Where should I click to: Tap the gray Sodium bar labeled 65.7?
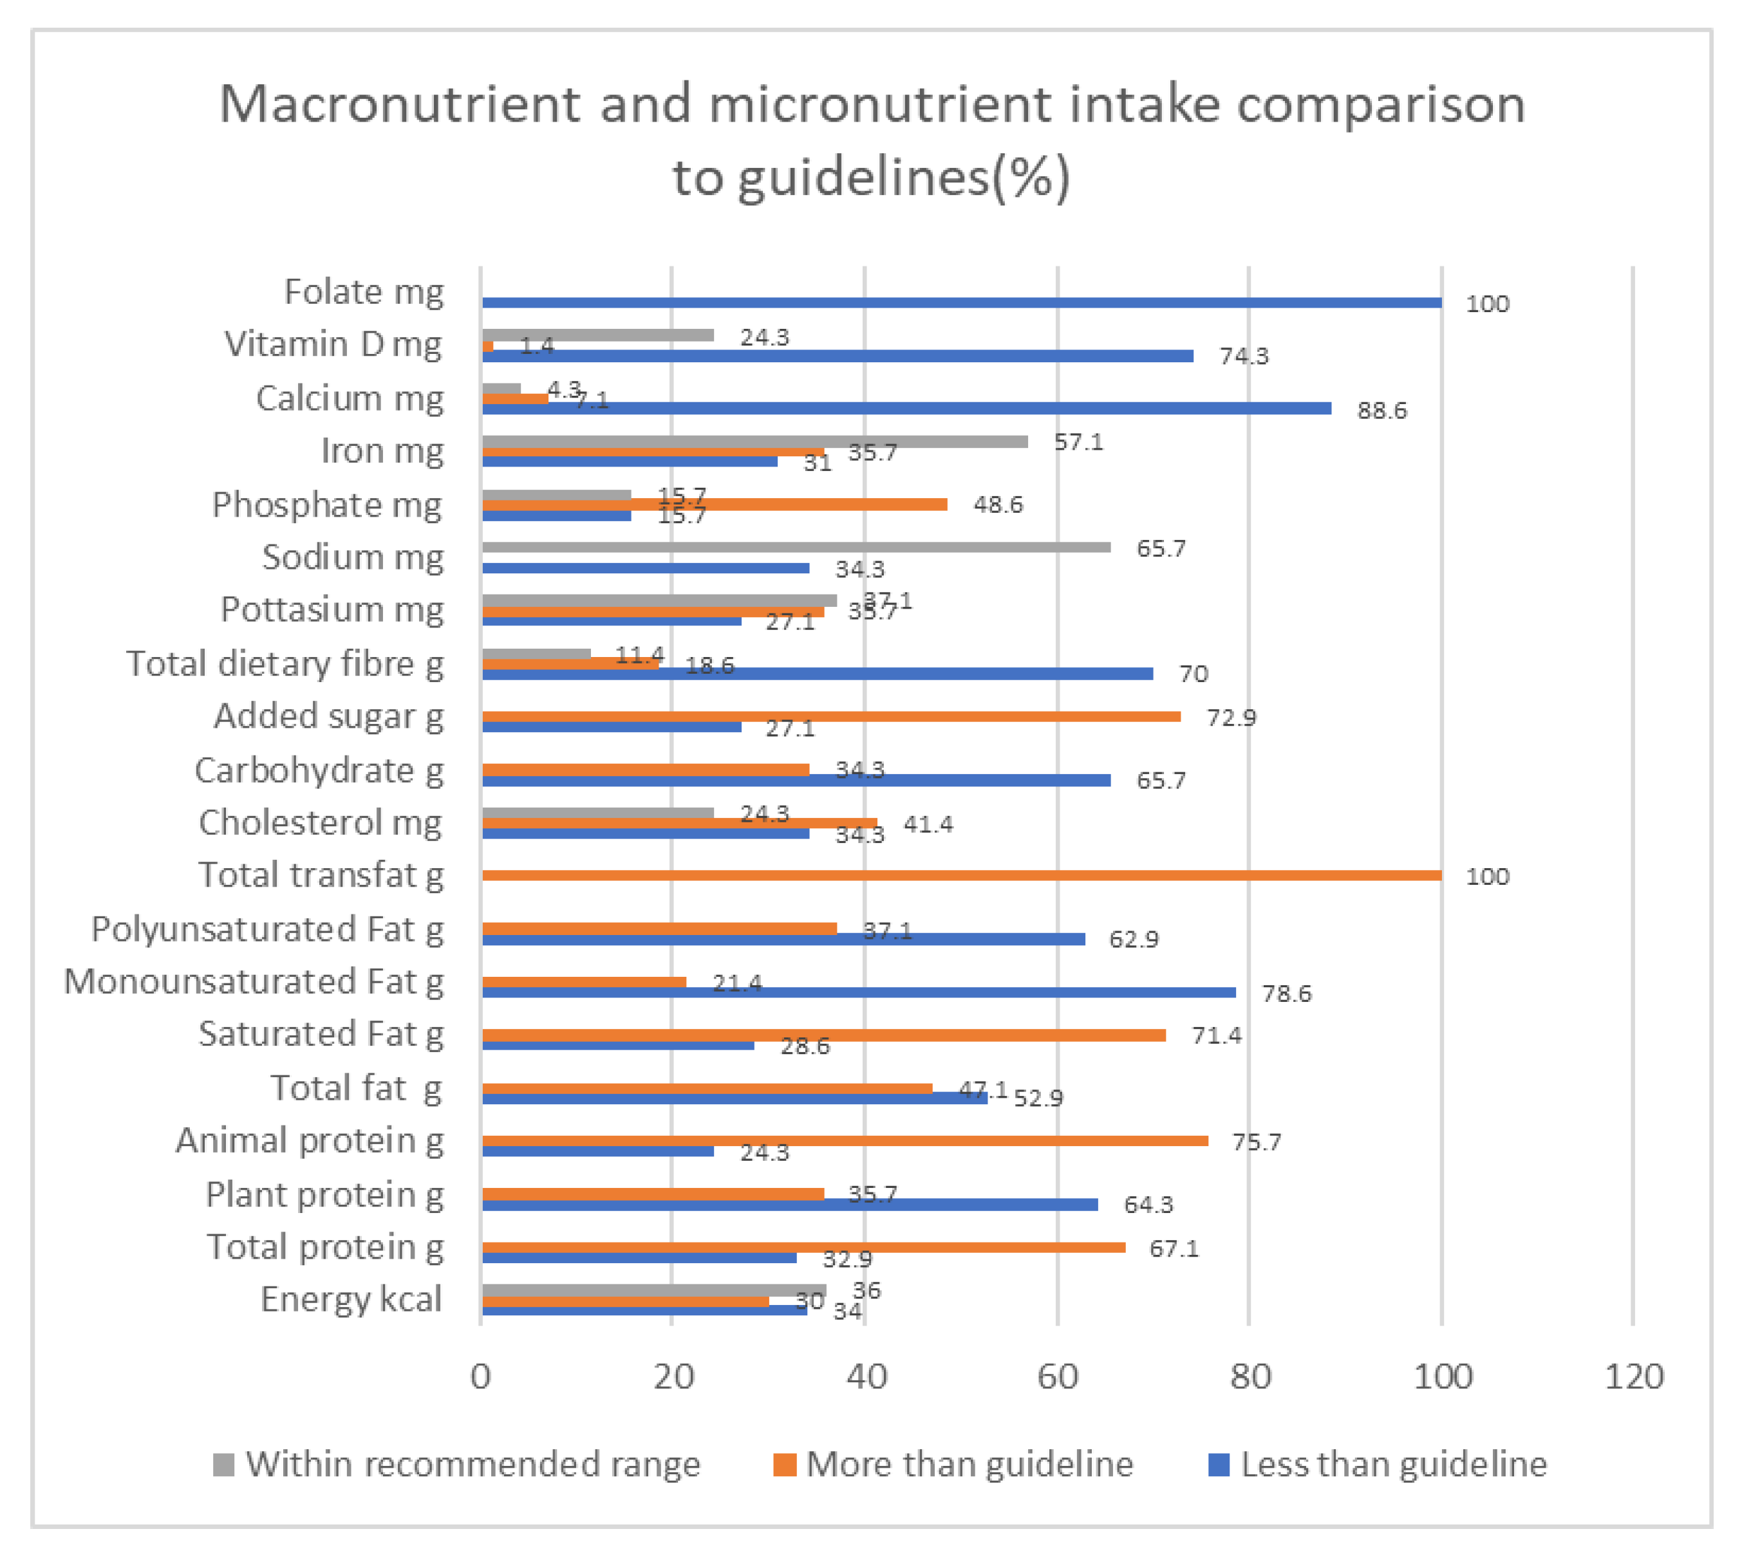(x=795, y=547)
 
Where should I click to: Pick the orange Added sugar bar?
(x=830, y=716)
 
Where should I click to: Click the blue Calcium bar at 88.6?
(x=906, y=409)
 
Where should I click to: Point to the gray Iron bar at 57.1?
(x=754, y=441)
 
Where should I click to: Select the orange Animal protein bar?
(x=845, y=1140)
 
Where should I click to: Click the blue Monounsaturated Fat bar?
(x=859, y=992)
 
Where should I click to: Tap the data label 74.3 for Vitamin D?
(x=1244, y=357)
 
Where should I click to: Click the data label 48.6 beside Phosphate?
(x=997, y=505)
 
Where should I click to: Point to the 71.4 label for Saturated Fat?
(x=1216, y=1035)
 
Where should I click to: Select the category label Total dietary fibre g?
(x=285, y=664)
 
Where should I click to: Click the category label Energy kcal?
(x=351, y=1299)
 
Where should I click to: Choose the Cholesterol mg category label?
(x=321, y=822)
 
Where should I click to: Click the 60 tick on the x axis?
(x=1058, y=1376)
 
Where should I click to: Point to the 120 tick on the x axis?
(x=1633, y=1376)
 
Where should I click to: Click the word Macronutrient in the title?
(x=398, y=104)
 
